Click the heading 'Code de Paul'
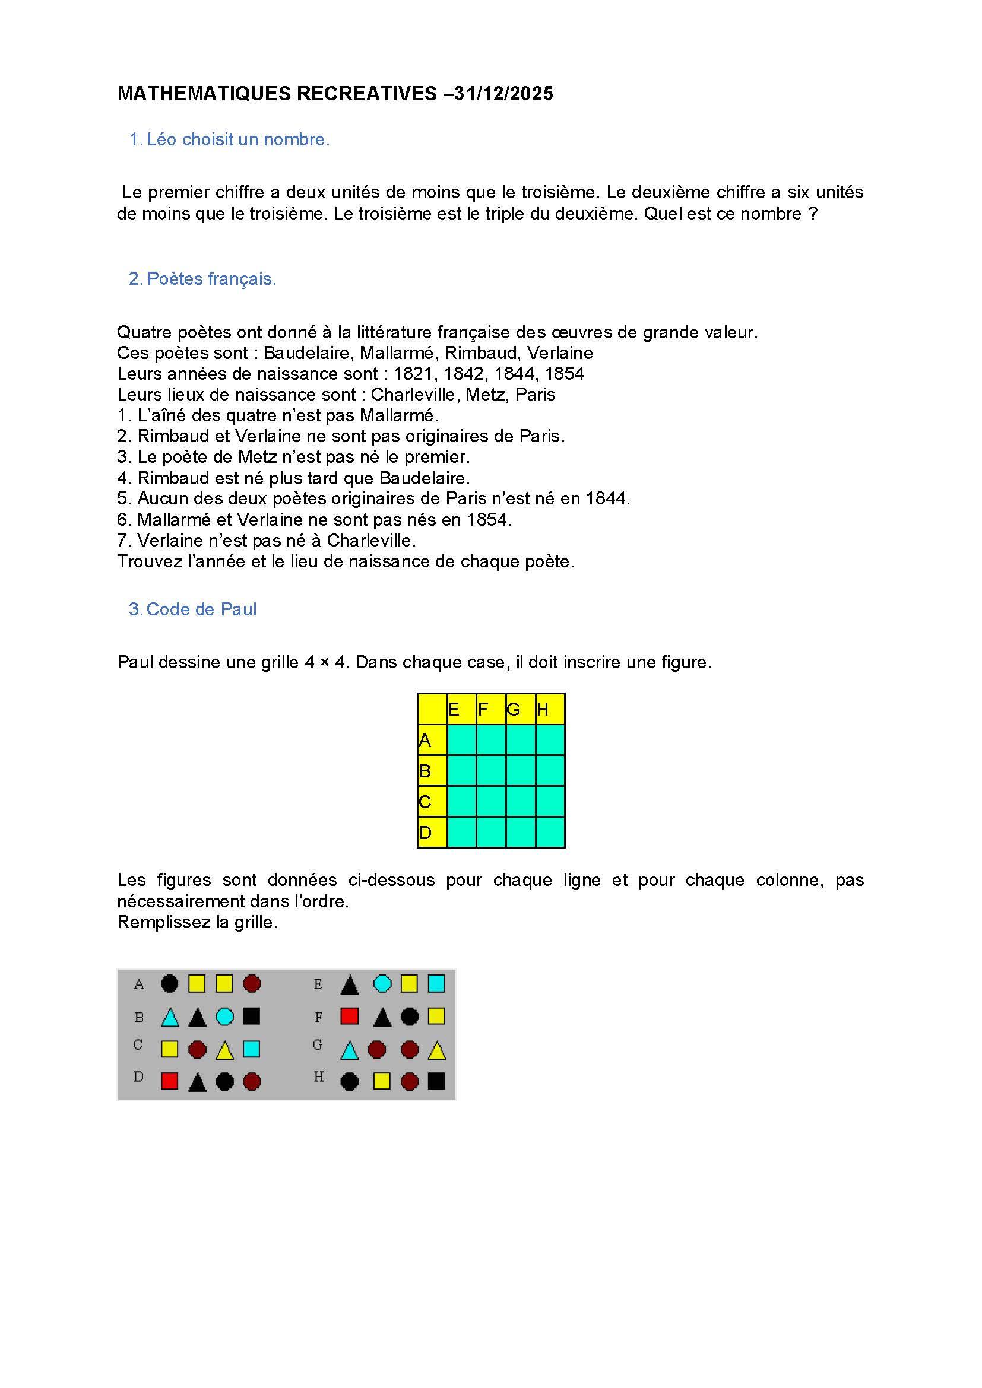[201, 609]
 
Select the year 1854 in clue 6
[489, 519]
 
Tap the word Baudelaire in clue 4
[424, 478]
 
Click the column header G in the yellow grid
[514, 709]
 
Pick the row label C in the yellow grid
[425, 802]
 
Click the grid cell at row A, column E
[461, 740]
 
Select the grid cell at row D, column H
[550, 833]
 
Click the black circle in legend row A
[170, 983]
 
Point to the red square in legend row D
[170, 1081]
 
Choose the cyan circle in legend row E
[382, 983]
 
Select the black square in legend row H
[436, 1081]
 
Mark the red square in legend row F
[350, 1016]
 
